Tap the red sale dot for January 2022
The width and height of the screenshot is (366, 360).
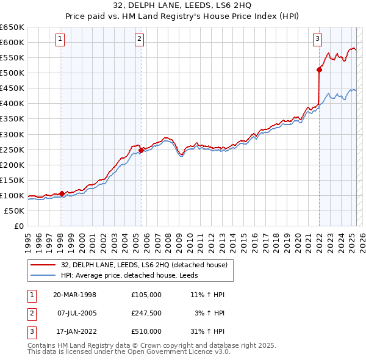(x=319, y=70)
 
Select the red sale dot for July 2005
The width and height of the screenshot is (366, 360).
(x=141, y=149)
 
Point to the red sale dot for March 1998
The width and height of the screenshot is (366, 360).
(x=62, y=193)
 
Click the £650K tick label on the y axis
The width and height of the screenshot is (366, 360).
(x=12, y=27)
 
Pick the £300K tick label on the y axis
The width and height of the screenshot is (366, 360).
(x=12, y=134)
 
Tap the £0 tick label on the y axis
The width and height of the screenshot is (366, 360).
(x=18, y=226)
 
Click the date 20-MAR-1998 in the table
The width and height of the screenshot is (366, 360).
(x=74, y=295)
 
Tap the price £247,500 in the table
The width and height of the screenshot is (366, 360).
(x=146, y=313)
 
